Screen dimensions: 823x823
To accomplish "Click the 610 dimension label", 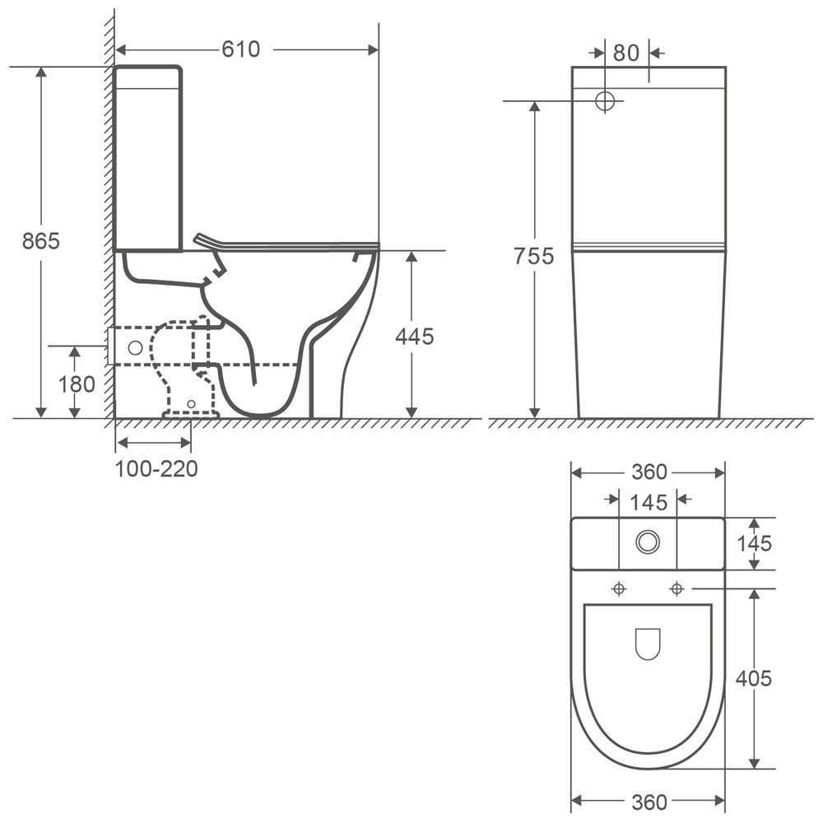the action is coord(241,49).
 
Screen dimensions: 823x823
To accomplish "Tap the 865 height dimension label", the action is coord(41,241).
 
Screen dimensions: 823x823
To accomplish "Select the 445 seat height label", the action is coord(415,337).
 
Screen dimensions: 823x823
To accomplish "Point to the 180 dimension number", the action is coord(77,384).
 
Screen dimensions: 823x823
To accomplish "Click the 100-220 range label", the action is coord(156,469).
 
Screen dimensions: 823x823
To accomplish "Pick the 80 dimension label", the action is coord(626,53).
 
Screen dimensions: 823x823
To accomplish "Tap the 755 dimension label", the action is coord(534,256).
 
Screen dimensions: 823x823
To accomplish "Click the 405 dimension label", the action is coord(754,679).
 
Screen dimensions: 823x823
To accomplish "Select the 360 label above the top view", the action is coord(649,472).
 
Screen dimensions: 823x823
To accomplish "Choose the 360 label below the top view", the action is coord(649,802).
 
